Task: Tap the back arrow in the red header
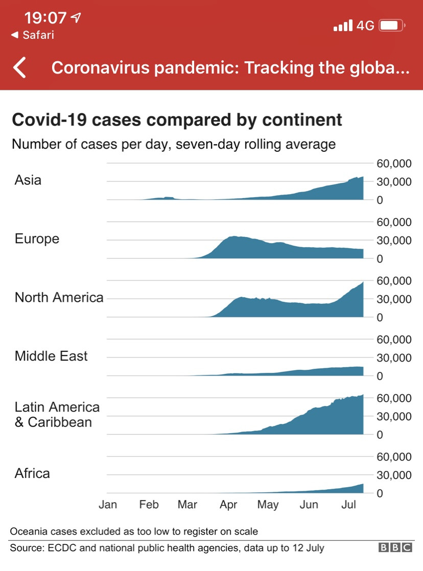[x=20, y=67]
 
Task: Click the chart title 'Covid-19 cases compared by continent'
[x=177, y=120]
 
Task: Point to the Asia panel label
[x=28, y=180]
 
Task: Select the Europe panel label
[x=37, y=239]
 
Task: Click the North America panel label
[x=59, y=297]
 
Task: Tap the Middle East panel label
[x=51, y=356]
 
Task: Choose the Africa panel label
[x=32, y=473]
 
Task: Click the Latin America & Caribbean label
[x=57, y=415]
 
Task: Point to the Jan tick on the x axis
[x=107, y=505]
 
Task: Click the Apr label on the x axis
[x=228, y=505]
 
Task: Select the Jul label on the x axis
[x=348, y=505]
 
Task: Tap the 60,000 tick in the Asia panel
[x=394, y=163]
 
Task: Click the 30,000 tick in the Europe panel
[x=394, y=241]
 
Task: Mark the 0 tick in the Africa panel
[x=380, y=493]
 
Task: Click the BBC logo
[x=395, y=548]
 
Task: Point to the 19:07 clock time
[x=45, y=18]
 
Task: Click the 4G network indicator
[x=365, y=26]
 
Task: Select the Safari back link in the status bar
[x=33, y=35]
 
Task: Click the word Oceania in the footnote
[x=29, y=531]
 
